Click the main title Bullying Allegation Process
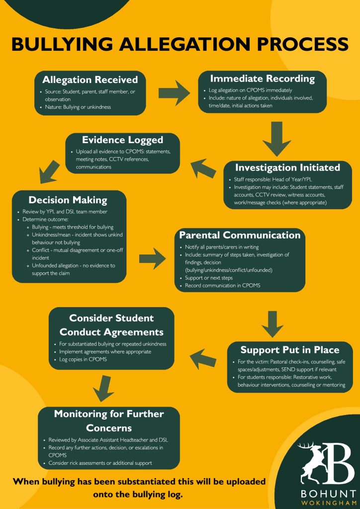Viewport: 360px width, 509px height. [180, 44]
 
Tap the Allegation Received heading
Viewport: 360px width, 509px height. [90, 80]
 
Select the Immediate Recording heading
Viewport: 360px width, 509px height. [262, 79]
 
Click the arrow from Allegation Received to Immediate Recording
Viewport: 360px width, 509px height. [174, 93]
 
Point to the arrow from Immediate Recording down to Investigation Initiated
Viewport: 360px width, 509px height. [276, 139]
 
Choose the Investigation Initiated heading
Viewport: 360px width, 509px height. [287, 168]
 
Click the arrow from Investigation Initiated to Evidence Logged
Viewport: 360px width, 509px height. [203, 168]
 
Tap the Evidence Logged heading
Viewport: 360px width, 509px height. [122, 140]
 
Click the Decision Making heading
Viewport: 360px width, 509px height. [68, 200]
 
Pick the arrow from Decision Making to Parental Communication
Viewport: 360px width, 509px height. [153, 258]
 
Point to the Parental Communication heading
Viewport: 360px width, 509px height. [240, 235]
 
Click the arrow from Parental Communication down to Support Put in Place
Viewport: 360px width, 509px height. [272, 324]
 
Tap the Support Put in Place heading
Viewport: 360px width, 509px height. [290, 350]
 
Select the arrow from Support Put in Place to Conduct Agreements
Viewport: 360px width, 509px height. [203, 358]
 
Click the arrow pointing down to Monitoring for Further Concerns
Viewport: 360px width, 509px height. [103, 389]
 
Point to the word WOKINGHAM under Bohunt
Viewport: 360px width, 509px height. [328, 503]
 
